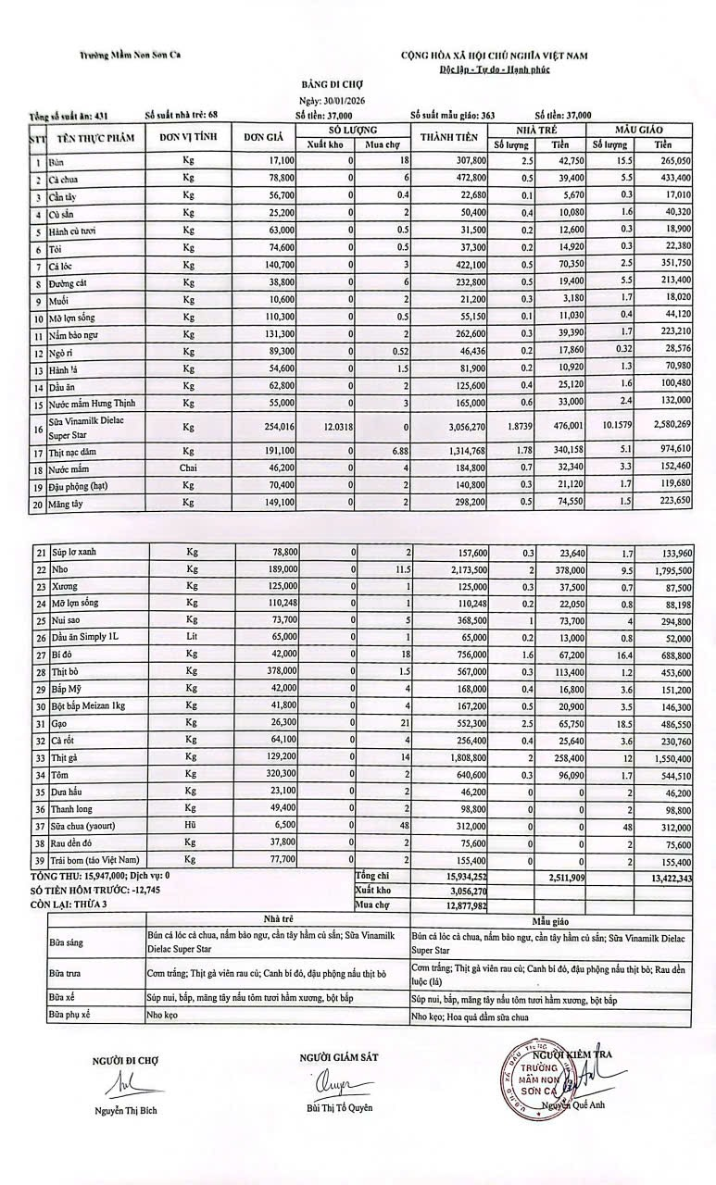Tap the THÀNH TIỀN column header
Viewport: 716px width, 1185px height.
[x=448, y=138]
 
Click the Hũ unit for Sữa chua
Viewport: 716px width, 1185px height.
[x=192, y=826]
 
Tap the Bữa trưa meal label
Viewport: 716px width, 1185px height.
[x=65, y=974]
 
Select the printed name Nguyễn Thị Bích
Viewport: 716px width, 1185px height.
[x=125, y=1111]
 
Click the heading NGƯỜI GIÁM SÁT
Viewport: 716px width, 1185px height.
[x=339, y=1057]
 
